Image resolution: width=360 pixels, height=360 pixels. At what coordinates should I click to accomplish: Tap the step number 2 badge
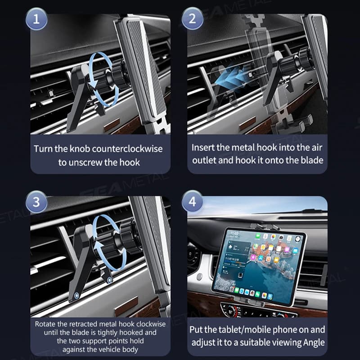192,20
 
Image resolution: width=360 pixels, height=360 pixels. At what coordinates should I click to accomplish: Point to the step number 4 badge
192,202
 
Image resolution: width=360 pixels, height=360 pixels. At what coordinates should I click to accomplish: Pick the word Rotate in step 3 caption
47,324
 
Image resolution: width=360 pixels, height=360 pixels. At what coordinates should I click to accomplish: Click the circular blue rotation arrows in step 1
103,79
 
